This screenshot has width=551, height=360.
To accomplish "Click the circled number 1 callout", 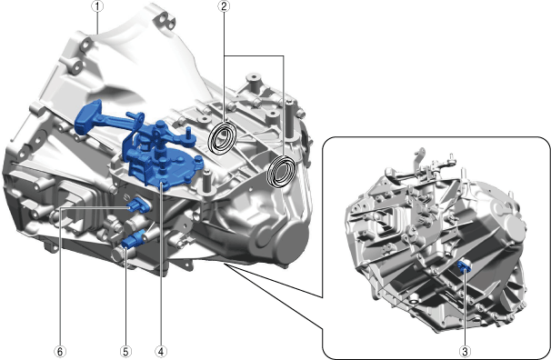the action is tap(97, 6).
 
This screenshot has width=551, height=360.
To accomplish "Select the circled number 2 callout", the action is tap(224, 6).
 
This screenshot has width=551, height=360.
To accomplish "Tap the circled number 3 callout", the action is tap(465, 351).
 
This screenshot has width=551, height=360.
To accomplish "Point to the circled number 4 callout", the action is tap(161, 351).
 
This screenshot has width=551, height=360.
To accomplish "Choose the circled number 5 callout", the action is tap(125, 351).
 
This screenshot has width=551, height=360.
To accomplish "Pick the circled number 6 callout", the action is tap(60, 351).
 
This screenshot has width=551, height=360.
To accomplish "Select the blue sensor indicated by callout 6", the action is tap(139, 205).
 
